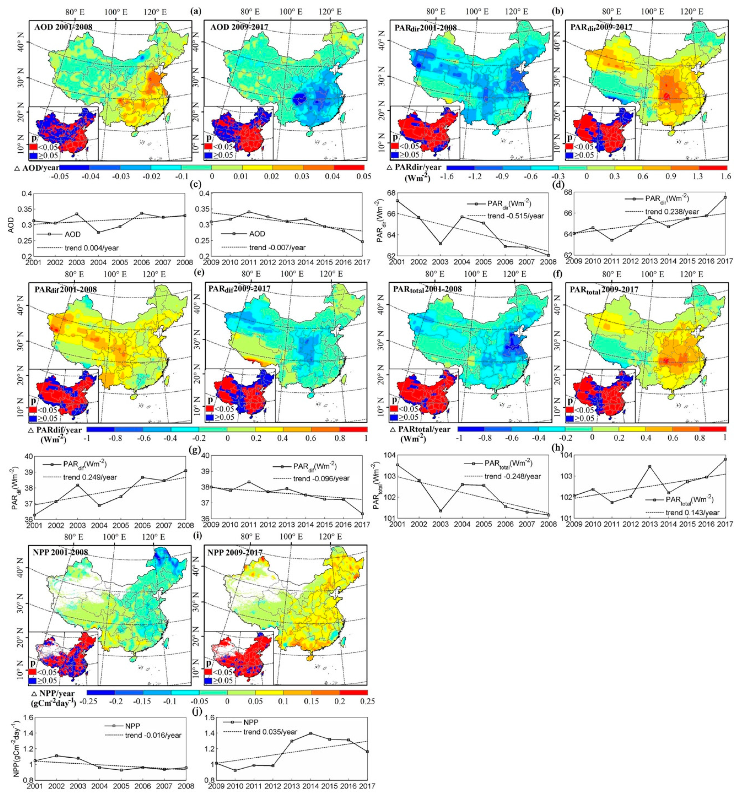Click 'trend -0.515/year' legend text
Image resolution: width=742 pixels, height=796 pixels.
pyautogui.click(x=515, y=216)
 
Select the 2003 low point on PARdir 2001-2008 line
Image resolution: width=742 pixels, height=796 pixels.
pyautogui.click(x=440, y=243)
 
